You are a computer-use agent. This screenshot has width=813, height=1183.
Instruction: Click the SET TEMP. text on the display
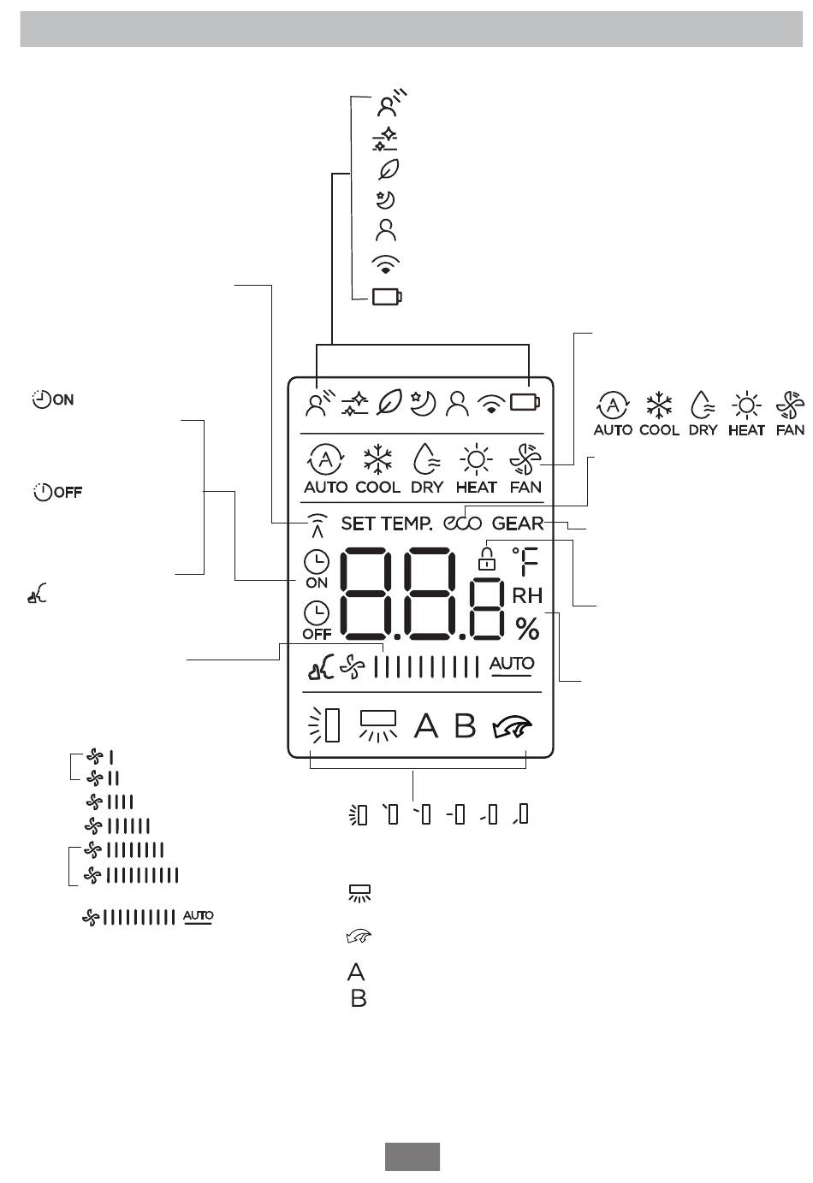tap(386, 523)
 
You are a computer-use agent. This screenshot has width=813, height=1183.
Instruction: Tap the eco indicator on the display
tap(462, 523)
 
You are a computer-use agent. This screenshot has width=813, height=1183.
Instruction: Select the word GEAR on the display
tap(518, 523)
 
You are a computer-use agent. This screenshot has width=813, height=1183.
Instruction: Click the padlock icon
tap(487, 559)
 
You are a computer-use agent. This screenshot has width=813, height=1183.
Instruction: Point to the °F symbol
tap(525, 561)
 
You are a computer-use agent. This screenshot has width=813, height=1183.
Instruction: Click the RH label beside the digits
tap(527, 595)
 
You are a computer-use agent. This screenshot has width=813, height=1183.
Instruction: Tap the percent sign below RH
tap(527, 629)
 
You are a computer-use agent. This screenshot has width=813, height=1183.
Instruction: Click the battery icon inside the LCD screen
tap(525, 402)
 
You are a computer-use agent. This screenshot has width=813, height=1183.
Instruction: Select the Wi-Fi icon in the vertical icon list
tap(386, 263)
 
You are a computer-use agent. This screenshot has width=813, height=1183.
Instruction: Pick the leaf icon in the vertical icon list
tap(389, 169)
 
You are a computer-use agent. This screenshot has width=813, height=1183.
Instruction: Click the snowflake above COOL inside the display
tap(377, 459)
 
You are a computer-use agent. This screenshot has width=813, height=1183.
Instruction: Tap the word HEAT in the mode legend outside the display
tap(746, 430)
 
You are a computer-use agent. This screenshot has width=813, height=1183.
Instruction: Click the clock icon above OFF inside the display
tap(317, 612)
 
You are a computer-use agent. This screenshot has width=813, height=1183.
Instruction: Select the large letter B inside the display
tap(465, 725)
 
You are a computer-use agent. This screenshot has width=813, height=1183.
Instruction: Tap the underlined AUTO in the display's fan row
tap(512, 665)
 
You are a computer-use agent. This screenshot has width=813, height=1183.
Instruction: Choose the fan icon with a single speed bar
tap(100, 757)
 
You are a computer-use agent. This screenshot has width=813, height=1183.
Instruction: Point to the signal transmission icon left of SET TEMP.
tap(317, 525)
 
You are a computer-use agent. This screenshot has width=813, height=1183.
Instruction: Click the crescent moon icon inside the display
tap(423, 403)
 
